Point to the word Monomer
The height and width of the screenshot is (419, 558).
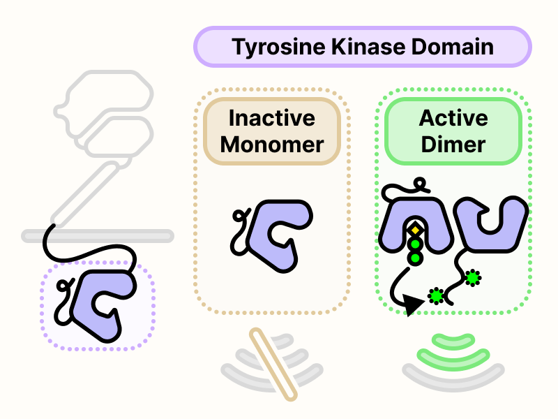pyautogui.click(x=272, y=145)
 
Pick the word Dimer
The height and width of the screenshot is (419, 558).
pyautogui.click(x=453, y=145)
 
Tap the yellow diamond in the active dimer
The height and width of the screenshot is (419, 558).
pyautogui.click(x=415, y=229)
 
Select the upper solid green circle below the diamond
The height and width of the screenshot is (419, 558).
pyautogui.click(x=415, y=244)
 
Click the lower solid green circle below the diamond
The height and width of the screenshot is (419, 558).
pyautogui.click(x=415, y=258)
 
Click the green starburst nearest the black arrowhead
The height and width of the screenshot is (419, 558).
pyautogui.click(x=437, y=296)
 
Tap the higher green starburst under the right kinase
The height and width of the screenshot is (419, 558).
pyautogui.click(x=473, y=278)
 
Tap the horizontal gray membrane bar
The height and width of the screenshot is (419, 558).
pyautogui.click(x=98, y=235)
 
